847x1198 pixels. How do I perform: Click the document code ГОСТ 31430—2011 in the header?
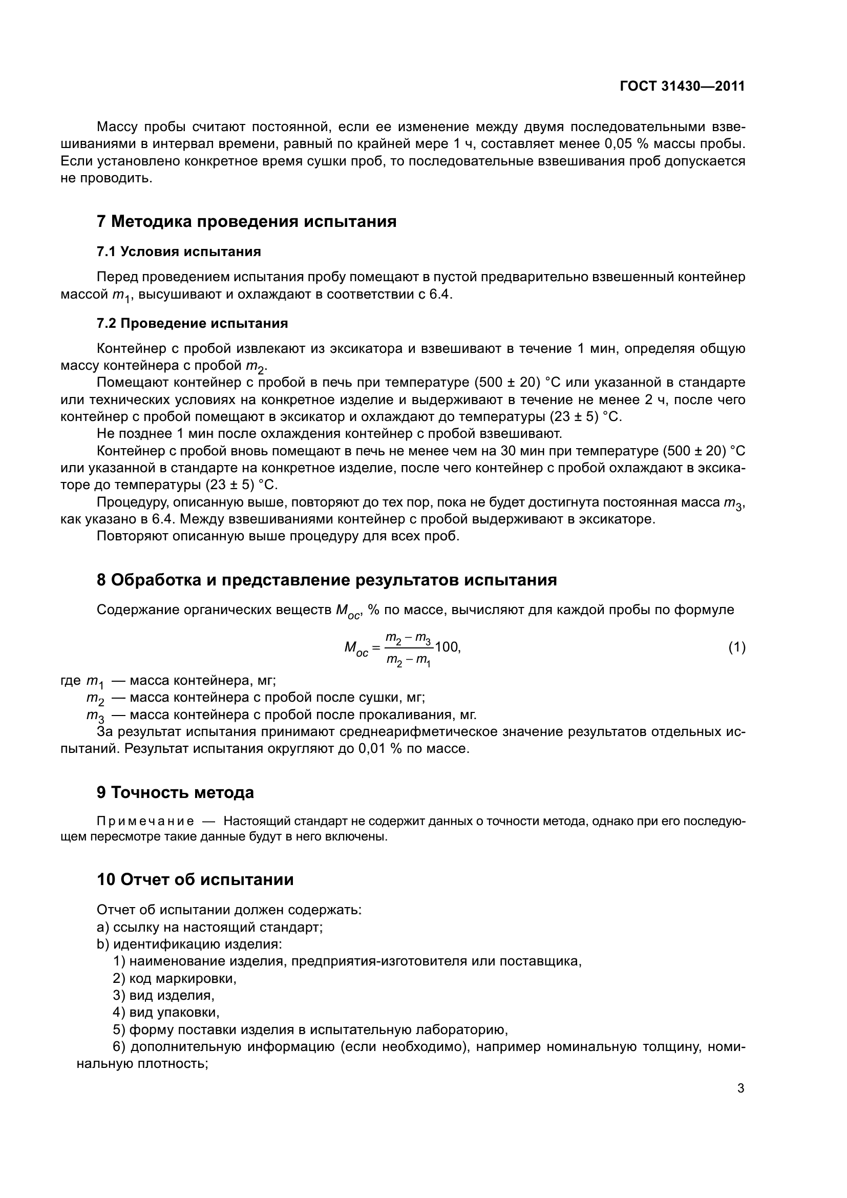(682, 87)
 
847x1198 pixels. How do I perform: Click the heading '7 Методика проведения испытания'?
(246, 221)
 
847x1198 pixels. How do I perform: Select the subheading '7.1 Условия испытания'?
(178, 252)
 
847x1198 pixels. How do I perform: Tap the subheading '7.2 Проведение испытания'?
(192, 324)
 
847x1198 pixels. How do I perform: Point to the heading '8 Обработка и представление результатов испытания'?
(327, 580)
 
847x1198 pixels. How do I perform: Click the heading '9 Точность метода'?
(175, 792)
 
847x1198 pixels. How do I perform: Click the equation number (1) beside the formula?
(736, 647)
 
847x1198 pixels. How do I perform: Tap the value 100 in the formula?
(447, 647)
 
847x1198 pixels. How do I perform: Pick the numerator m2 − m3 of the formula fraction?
(408, 638)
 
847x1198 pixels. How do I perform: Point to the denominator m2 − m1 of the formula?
(408, 660)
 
